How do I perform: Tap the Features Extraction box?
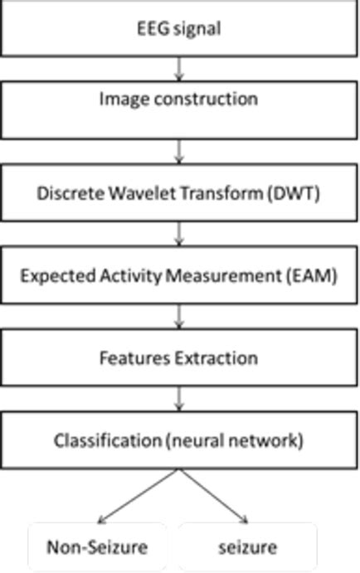point(179,358)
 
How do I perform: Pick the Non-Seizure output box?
point(97,547)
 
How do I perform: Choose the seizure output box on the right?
point(248,547)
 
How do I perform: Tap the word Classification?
point(108,440)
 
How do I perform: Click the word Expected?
point(51,276)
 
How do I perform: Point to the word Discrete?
point(66,193)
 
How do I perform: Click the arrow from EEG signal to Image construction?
point(179,68)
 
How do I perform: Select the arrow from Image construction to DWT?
point(179,151)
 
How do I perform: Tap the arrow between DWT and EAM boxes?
point(179,234)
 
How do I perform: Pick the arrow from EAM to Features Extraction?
point(179,317)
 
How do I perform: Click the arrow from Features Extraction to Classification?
point(179,400)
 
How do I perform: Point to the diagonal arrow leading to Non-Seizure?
point(138,495)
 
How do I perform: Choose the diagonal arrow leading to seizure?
point(214,495)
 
